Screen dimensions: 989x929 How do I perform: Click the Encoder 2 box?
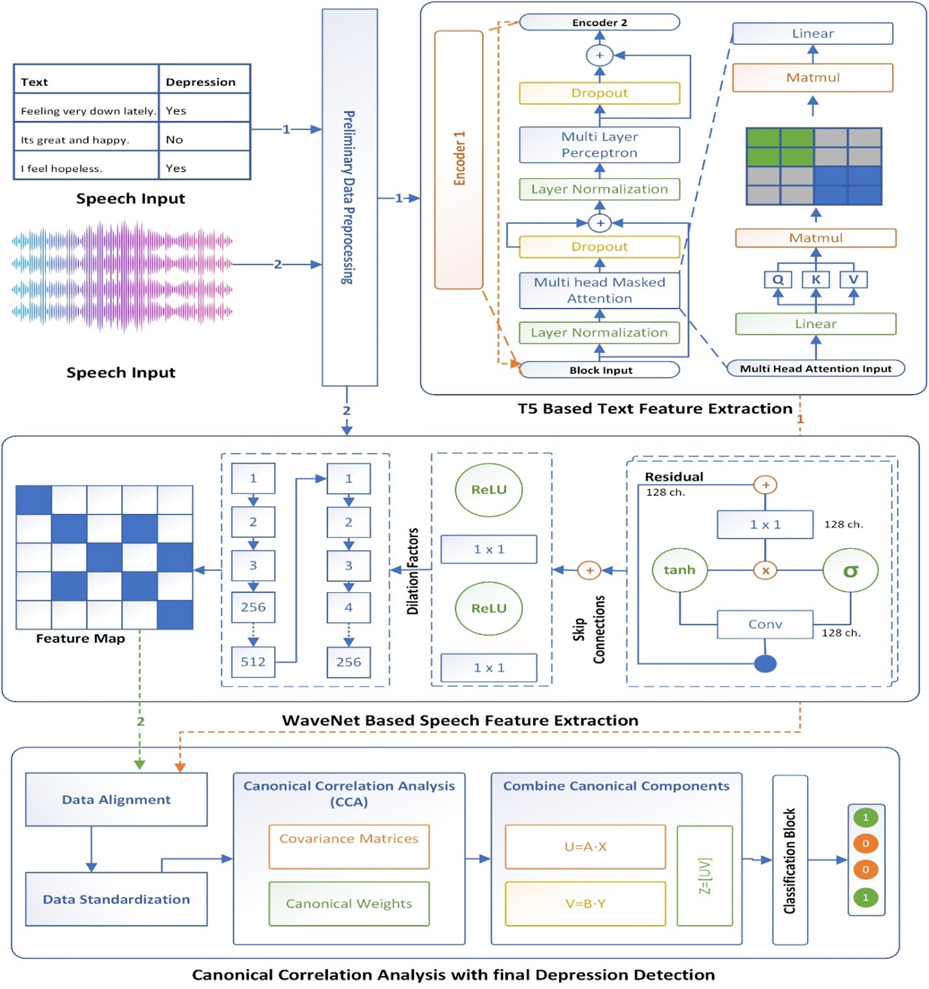[599, 22]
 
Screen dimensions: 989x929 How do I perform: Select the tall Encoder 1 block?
[458, 159]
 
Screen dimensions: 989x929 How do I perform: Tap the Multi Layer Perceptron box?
[599, 145]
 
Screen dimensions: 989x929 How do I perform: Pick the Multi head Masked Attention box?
[599, 290]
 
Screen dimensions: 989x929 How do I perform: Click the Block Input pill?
[599, 370]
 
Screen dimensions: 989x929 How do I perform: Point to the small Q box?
[778, 280]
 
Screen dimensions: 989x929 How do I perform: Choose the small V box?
[853, 280]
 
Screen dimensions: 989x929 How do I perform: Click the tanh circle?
[679, 570]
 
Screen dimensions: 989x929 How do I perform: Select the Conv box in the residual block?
[765, 625]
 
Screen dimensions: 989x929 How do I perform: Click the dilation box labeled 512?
[253, 662]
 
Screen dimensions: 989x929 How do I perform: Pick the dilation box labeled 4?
[349, 607]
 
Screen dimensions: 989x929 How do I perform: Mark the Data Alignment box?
[117, 800]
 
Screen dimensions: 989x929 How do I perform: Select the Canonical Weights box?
[349, 904]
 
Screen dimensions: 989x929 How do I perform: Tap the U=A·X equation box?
[585, 847]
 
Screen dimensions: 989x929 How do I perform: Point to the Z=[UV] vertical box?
[705, 876]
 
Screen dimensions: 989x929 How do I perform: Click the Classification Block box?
[790, 860]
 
